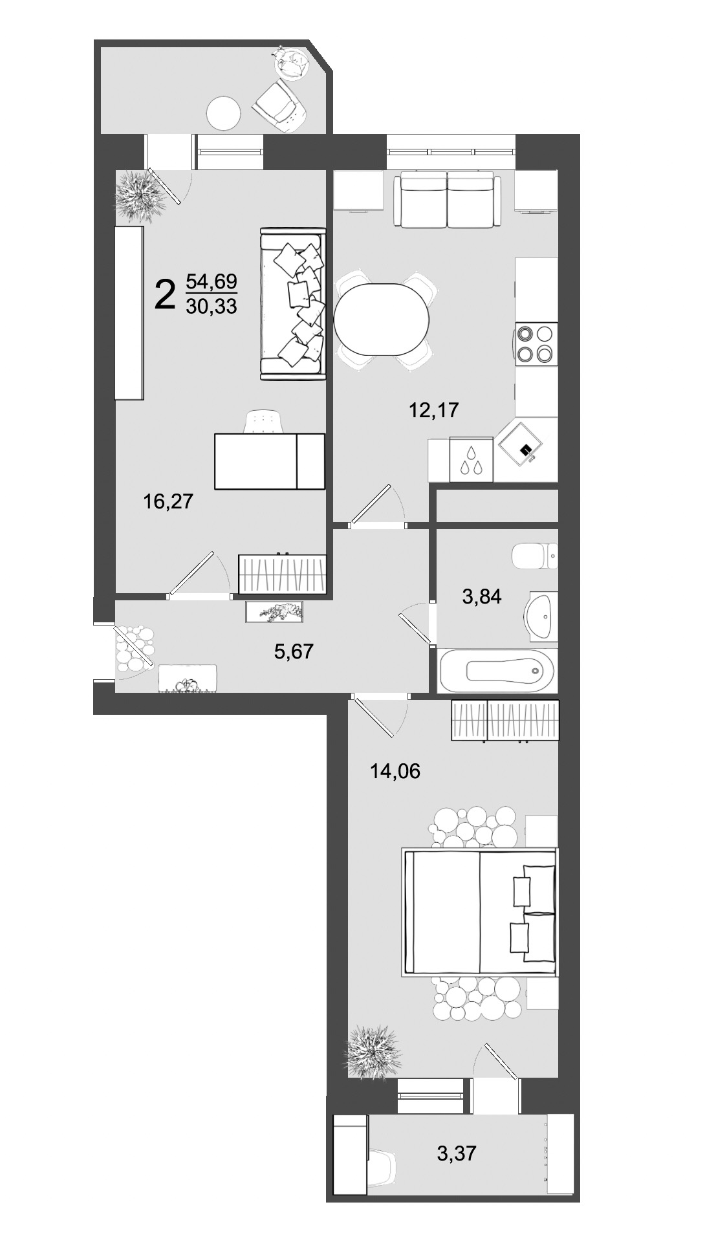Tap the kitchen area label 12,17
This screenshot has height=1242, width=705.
tap(434, 409)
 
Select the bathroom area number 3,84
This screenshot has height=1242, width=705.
tap(481, 596)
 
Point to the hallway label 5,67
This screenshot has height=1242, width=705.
tap(294, 651)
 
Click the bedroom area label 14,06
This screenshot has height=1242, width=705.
tap(395, 770)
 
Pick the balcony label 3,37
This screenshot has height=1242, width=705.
tap(457, 1152)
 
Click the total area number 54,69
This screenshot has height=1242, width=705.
tap(211, 281)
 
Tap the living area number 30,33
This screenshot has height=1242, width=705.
tap(211, 306)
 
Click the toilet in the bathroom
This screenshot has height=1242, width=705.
tap(534, 556)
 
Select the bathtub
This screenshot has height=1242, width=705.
tap(497, 670)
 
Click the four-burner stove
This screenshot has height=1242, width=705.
tap(536, 343)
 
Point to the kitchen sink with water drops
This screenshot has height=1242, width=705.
tap(470, 460)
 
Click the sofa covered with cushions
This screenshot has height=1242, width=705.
tap(292, 303)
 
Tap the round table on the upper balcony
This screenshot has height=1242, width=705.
tap(224, 114)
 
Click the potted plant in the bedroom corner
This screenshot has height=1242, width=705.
tap(374, 1051)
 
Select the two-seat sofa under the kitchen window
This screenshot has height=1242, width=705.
tap(447, 199)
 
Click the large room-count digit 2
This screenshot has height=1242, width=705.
tap(165, 294)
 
